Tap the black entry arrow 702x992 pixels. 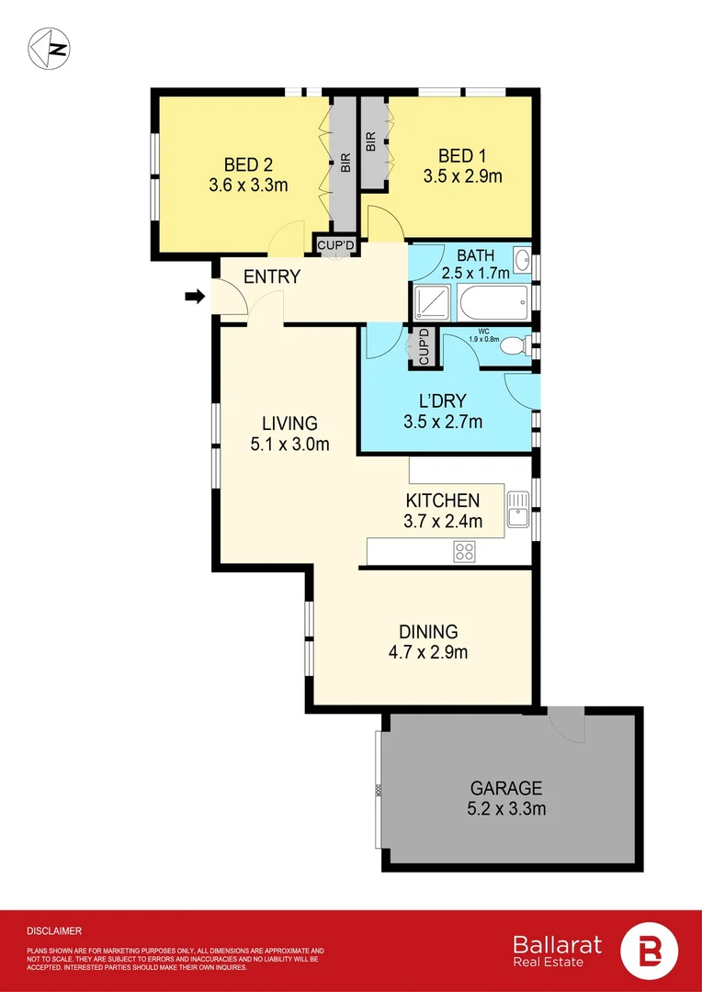(x=195, y=296)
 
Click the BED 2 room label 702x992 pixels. (x=248, y=165)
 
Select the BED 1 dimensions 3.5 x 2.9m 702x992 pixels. (x=462, y=176)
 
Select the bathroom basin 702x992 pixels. (x=522, y=259)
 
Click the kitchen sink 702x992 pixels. (x=517, y=508)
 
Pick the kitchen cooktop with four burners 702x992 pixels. (x=465, y=551)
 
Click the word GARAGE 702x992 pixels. (x=506, y=788)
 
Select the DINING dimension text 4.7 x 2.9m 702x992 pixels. (x=428, y=653)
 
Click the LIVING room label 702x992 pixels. (x=289, y=423)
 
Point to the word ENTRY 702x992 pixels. (x=272, y=276)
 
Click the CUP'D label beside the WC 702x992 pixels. (x=424, y=346)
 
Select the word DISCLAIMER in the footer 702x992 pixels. (x=54, y=930)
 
